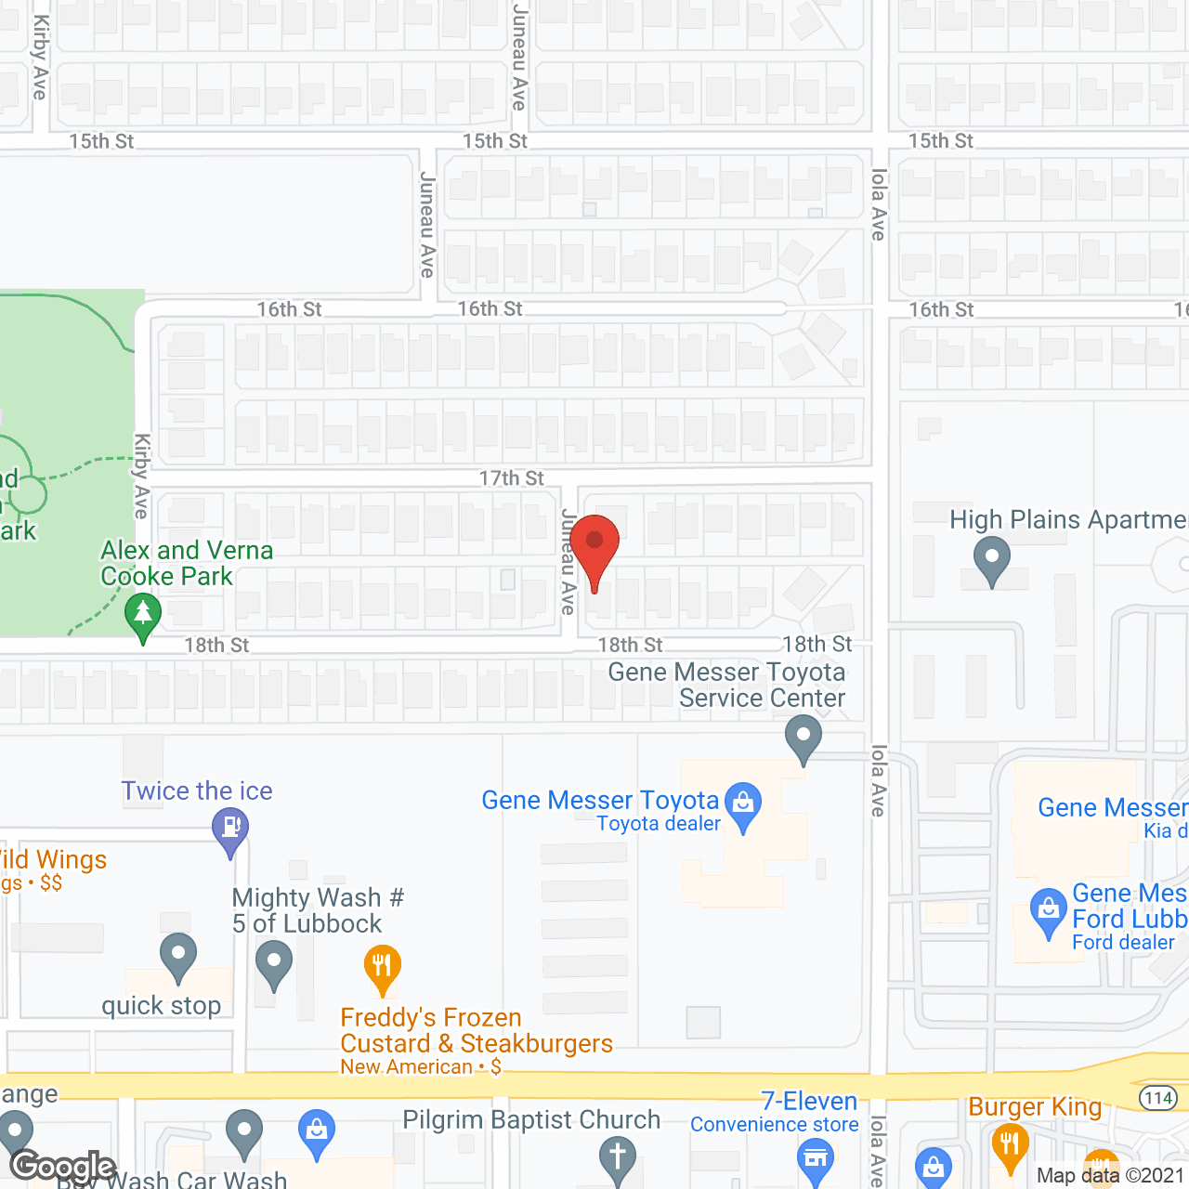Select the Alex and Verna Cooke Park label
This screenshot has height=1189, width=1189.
[x=187, y=563]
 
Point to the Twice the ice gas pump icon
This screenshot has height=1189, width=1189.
[x=229, y=826]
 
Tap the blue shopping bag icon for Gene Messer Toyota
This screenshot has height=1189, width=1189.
[x=743, y=803]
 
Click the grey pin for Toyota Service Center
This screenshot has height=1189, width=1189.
[x=804, y=738]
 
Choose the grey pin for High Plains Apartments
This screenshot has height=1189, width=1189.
[x=992, y=558]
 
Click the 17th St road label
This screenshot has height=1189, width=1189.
[x=511, y=477]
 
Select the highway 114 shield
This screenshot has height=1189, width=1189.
[x=1158, y=1098]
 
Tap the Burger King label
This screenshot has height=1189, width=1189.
[x=1035, y=1106]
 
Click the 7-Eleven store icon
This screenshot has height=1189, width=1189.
[x=816, y=1159]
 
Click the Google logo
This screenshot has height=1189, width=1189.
[x=63, y=1167]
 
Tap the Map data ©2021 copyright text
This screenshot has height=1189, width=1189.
[x=1111, y=1175]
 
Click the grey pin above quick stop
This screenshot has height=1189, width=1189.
[x=177, y=955]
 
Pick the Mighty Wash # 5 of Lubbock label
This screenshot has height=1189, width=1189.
[x=317, y=910]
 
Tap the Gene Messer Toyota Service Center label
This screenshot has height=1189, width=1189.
[x=727, y=685]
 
